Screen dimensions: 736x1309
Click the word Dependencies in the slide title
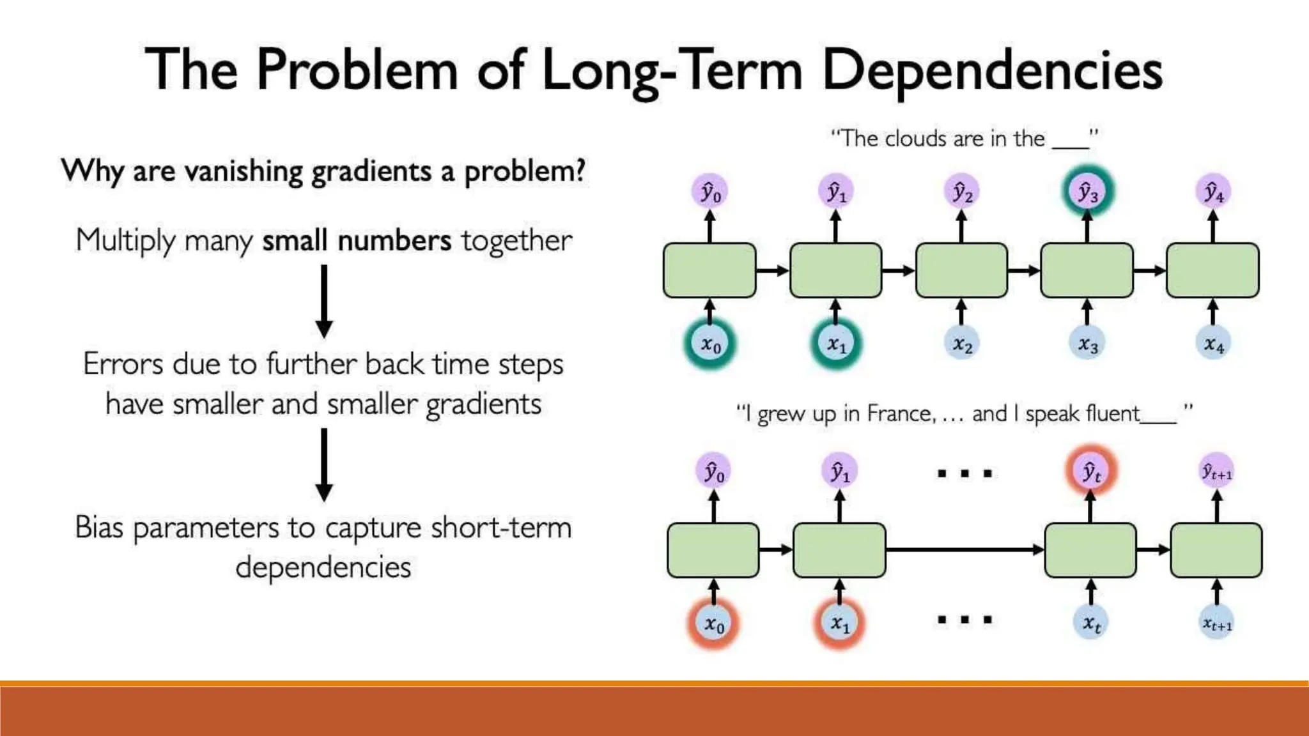992,70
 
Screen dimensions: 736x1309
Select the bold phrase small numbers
357,241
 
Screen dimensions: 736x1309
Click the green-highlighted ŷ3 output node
1088,191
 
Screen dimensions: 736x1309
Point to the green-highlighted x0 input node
710,344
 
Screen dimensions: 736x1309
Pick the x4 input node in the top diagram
1213,344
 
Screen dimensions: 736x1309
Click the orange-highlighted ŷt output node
1091,471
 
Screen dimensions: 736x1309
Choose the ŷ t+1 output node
1217,471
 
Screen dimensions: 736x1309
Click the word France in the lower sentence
901,414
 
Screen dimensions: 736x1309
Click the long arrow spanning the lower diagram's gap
965,549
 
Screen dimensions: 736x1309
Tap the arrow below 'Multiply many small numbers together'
324,300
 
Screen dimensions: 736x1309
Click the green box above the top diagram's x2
961,270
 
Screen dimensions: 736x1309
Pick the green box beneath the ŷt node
1090,550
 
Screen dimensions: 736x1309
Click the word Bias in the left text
98,528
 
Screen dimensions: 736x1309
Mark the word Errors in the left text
123,364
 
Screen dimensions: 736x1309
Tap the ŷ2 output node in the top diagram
962,191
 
